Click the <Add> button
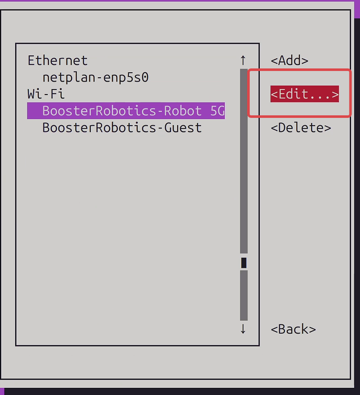(289, 60)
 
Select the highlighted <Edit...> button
(305, 94)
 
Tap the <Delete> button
(301, 128)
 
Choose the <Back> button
(293, 329)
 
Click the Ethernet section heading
(57, 60)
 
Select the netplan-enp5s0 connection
(95, 77)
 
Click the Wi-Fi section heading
(46, 94)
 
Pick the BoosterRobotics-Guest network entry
(122, 128)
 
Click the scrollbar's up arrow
(243, 60)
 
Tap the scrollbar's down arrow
(243, 329)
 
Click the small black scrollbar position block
(244, 263)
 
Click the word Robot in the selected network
(183, 111)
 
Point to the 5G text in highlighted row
(217, 111)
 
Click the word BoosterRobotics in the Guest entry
(99, 128)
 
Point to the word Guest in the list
(183, 128)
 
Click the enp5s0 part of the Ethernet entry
(126, 77)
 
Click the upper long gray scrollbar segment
(244, 161)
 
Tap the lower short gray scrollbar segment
(244, 295)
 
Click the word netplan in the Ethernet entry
(69, 77)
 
